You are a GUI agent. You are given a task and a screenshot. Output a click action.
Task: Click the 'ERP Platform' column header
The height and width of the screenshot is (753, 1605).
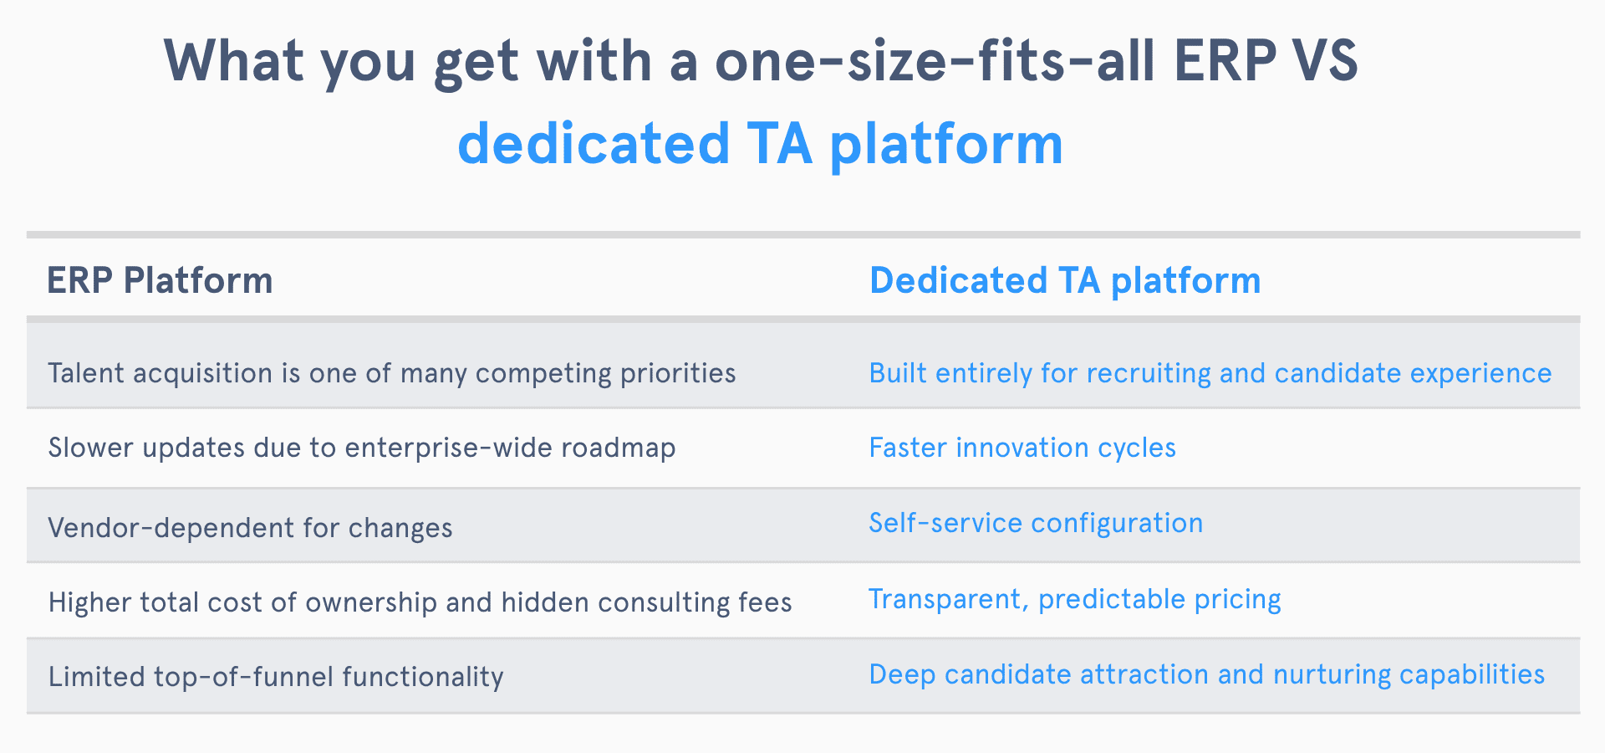(160, 280)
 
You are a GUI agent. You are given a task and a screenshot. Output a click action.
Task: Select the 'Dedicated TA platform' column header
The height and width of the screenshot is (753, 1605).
(1065, 280)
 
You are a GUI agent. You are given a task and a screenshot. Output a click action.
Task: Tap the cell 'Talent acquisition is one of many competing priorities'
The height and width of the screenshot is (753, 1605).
(392, 373)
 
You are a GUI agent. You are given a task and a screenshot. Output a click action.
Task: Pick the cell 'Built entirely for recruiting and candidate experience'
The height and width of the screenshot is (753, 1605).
(1210, 373)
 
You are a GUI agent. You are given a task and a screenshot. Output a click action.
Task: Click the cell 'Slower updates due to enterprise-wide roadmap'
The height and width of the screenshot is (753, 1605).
(362, 448)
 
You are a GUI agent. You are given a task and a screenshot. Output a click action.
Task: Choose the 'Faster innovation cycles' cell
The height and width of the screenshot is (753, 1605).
(1022, 448)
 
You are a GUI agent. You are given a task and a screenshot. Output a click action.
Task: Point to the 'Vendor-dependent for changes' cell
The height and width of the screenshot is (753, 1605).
(250, 528)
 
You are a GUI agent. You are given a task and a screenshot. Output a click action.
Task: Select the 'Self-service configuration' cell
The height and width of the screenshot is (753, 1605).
(1036, 524)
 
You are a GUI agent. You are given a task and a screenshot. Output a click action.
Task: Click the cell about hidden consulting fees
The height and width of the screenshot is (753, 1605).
(420, 602)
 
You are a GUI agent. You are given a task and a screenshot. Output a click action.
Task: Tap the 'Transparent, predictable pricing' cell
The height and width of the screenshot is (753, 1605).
(1075, 600)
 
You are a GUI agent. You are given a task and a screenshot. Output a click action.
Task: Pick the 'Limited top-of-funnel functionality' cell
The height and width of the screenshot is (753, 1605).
(276, 677)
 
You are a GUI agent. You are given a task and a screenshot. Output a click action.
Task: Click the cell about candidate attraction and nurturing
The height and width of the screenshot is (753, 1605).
(1206, 675)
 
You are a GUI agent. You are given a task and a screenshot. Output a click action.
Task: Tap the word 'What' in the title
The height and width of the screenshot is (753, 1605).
(233, 61)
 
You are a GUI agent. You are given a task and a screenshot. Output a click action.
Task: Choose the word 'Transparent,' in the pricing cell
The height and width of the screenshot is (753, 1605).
(948, 600)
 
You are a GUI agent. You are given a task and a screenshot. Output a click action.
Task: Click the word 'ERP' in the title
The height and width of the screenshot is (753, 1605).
(1225, 61)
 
